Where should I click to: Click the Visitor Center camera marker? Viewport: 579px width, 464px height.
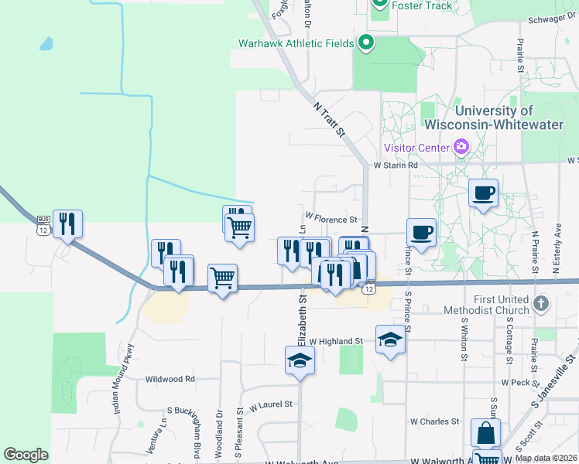462,146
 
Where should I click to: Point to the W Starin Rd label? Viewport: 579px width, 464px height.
396,165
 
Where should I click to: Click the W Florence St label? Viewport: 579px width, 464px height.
331,219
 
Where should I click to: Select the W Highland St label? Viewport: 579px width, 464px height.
336,340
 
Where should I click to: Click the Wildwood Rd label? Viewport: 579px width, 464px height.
170,379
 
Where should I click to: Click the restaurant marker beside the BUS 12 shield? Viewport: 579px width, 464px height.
67,225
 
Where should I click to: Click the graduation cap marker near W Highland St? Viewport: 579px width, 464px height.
390,339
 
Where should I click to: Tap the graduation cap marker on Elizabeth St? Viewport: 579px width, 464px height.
300,360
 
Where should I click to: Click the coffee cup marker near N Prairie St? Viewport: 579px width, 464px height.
484,193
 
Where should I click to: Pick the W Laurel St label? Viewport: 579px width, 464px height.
270,404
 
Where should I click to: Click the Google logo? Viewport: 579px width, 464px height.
26,455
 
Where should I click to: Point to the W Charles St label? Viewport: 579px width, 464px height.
434,421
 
